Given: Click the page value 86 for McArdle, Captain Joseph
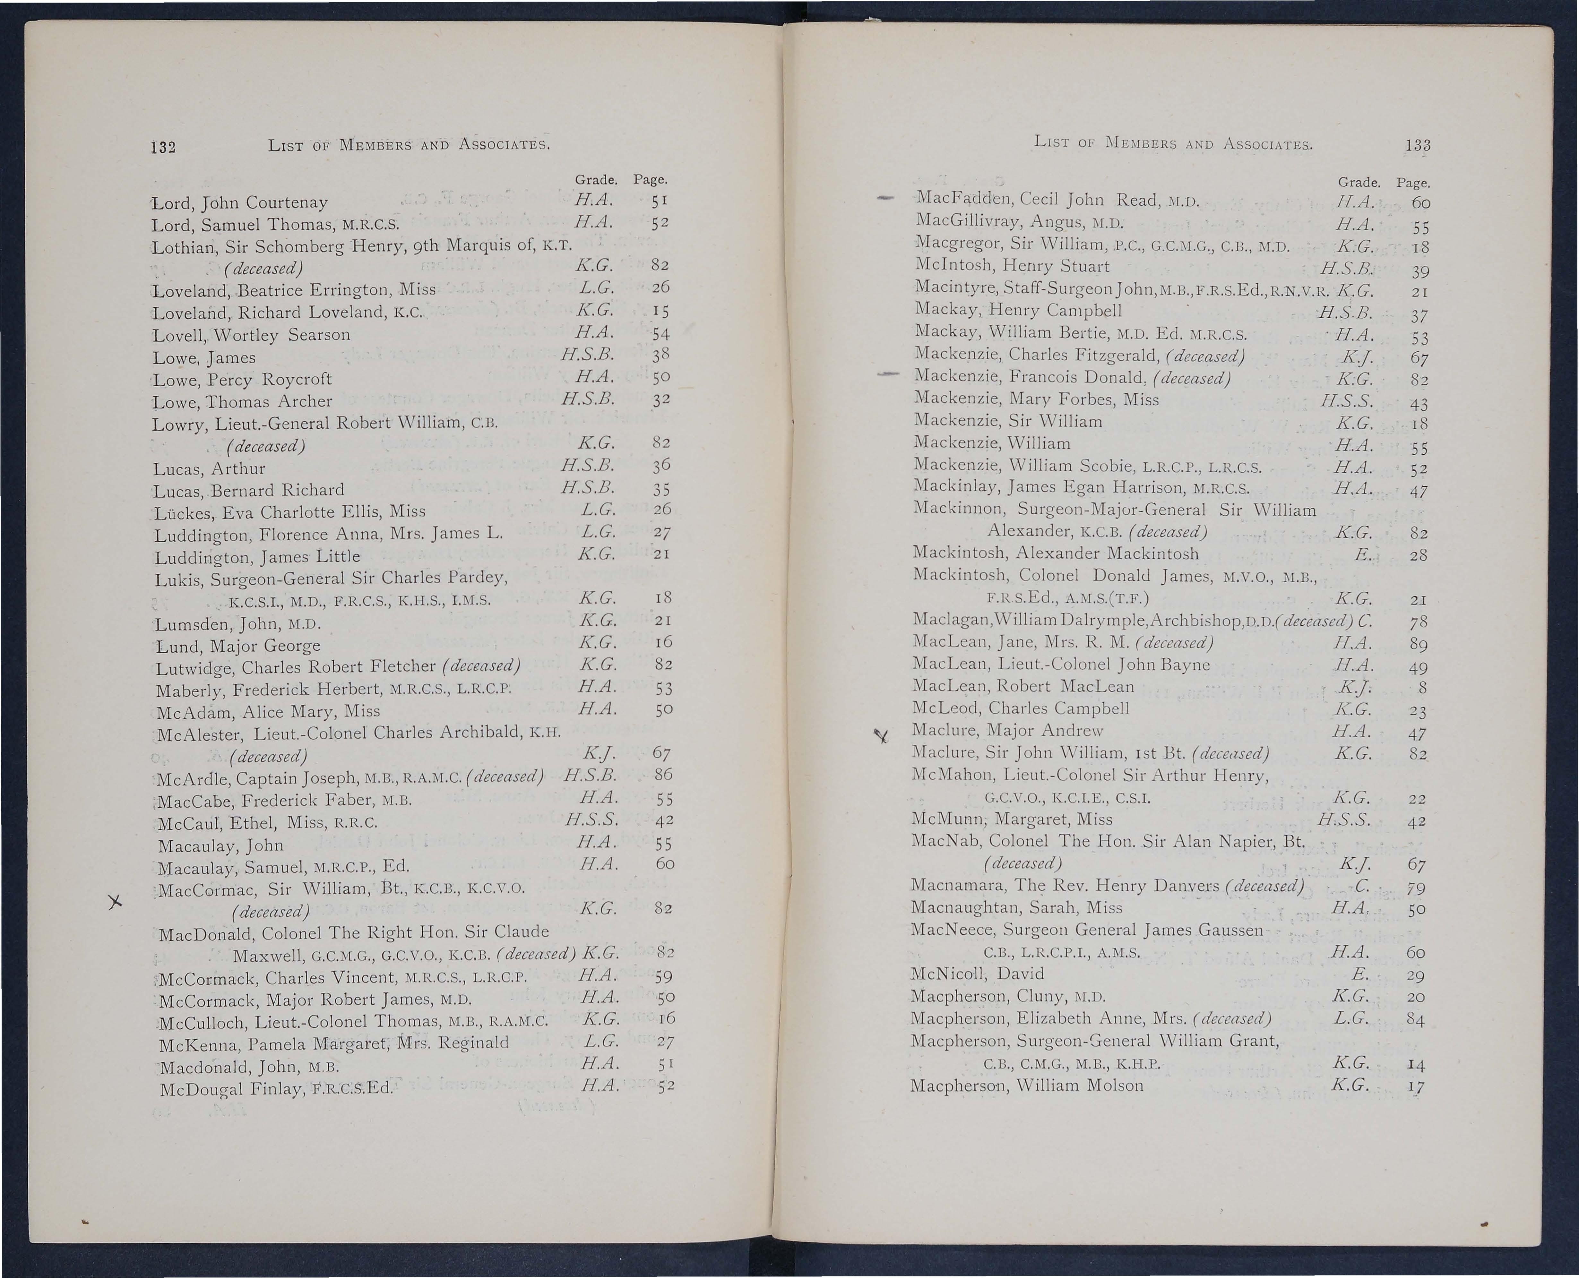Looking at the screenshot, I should point(663,775).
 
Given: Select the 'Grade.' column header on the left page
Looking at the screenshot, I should point(595,180).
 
